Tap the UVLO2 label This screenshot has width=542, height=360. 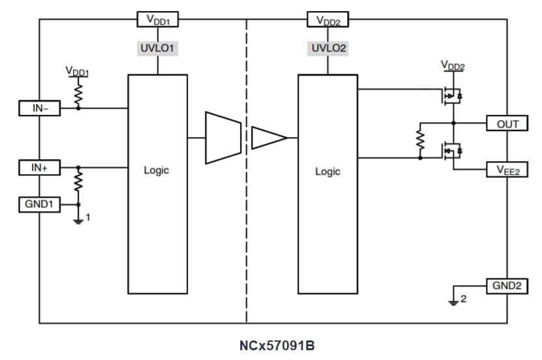328,48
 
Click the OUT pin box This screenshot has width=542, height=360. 507,123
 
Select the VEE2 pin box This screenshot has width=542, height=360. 507,170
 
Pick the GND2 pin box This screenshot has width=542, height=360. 507,286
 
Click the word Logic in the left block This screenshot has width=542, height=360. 157,171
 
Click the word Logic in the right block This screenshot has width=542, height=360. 327,172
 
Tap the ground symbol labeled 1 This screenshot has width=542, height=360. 78,220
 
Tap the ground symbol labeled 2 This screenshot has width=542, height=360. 453,301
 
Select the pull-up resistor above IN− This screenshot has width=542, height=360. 78,93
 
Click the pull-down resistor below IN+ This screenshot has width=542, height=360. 78,182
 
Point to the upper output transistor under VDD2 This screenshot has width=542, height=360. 449,96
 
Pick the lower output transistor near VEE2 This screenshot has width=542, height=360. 449,151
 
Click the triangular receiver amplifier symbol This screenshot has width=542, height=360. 268,138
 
